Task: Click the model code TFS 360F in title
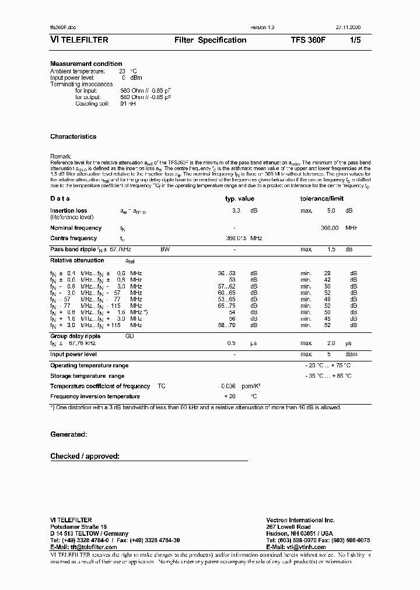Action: click(309, 40)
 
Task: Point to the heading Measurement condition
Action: click(86, 64)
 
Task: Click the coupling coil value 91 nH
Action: click(127, 103)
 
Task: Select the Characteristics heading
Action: click(73, 136)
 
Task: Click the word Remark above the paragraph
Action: click(61, 156)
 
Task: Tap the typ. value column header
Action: click(240, 199)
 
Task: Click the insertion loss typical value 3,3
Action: click(236, 210)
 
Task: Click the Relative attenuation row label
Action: click(77, 261)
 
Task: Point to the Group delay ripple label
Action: click(75, 336)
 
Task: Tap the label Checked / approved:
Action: click(85, 456)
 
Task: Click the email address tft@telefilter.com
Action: click(87, 547)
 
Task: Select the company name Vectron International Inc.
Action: click(300, 519)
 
